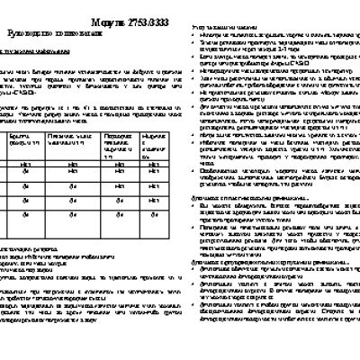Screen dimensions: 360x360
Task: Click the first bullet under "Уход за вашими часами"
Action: coord(270,37)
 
